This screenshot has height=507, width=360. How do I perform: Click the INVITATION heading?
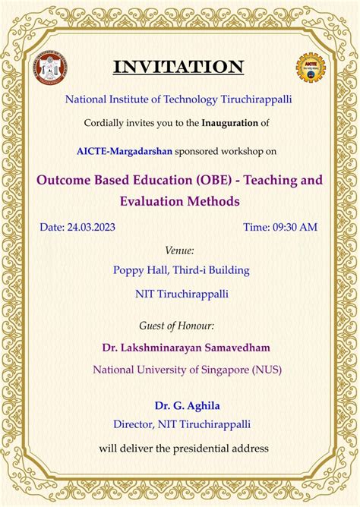pyautogui.click(x=179, y=67)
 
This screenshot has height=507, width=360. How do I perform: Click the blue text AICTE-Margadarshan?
pyautogui.click(x=124, y=150)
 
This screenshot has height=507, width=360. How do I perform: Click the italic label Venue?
pyautogui.click(x=179, y=250)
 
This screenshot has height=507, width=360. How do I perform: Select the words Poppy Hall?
pyautogui.click(x=141, y=269)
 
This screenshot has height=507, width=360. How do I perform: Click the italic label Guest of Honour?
pyautogui.click(x=177, y=326)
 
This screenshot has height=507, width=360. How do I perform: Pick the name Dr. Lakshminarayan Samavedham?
pyautogui.click(x=186, y=348)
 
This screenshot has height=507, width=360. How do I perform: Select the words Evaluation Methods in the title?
pyautogui.click(x=179, y=201)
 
